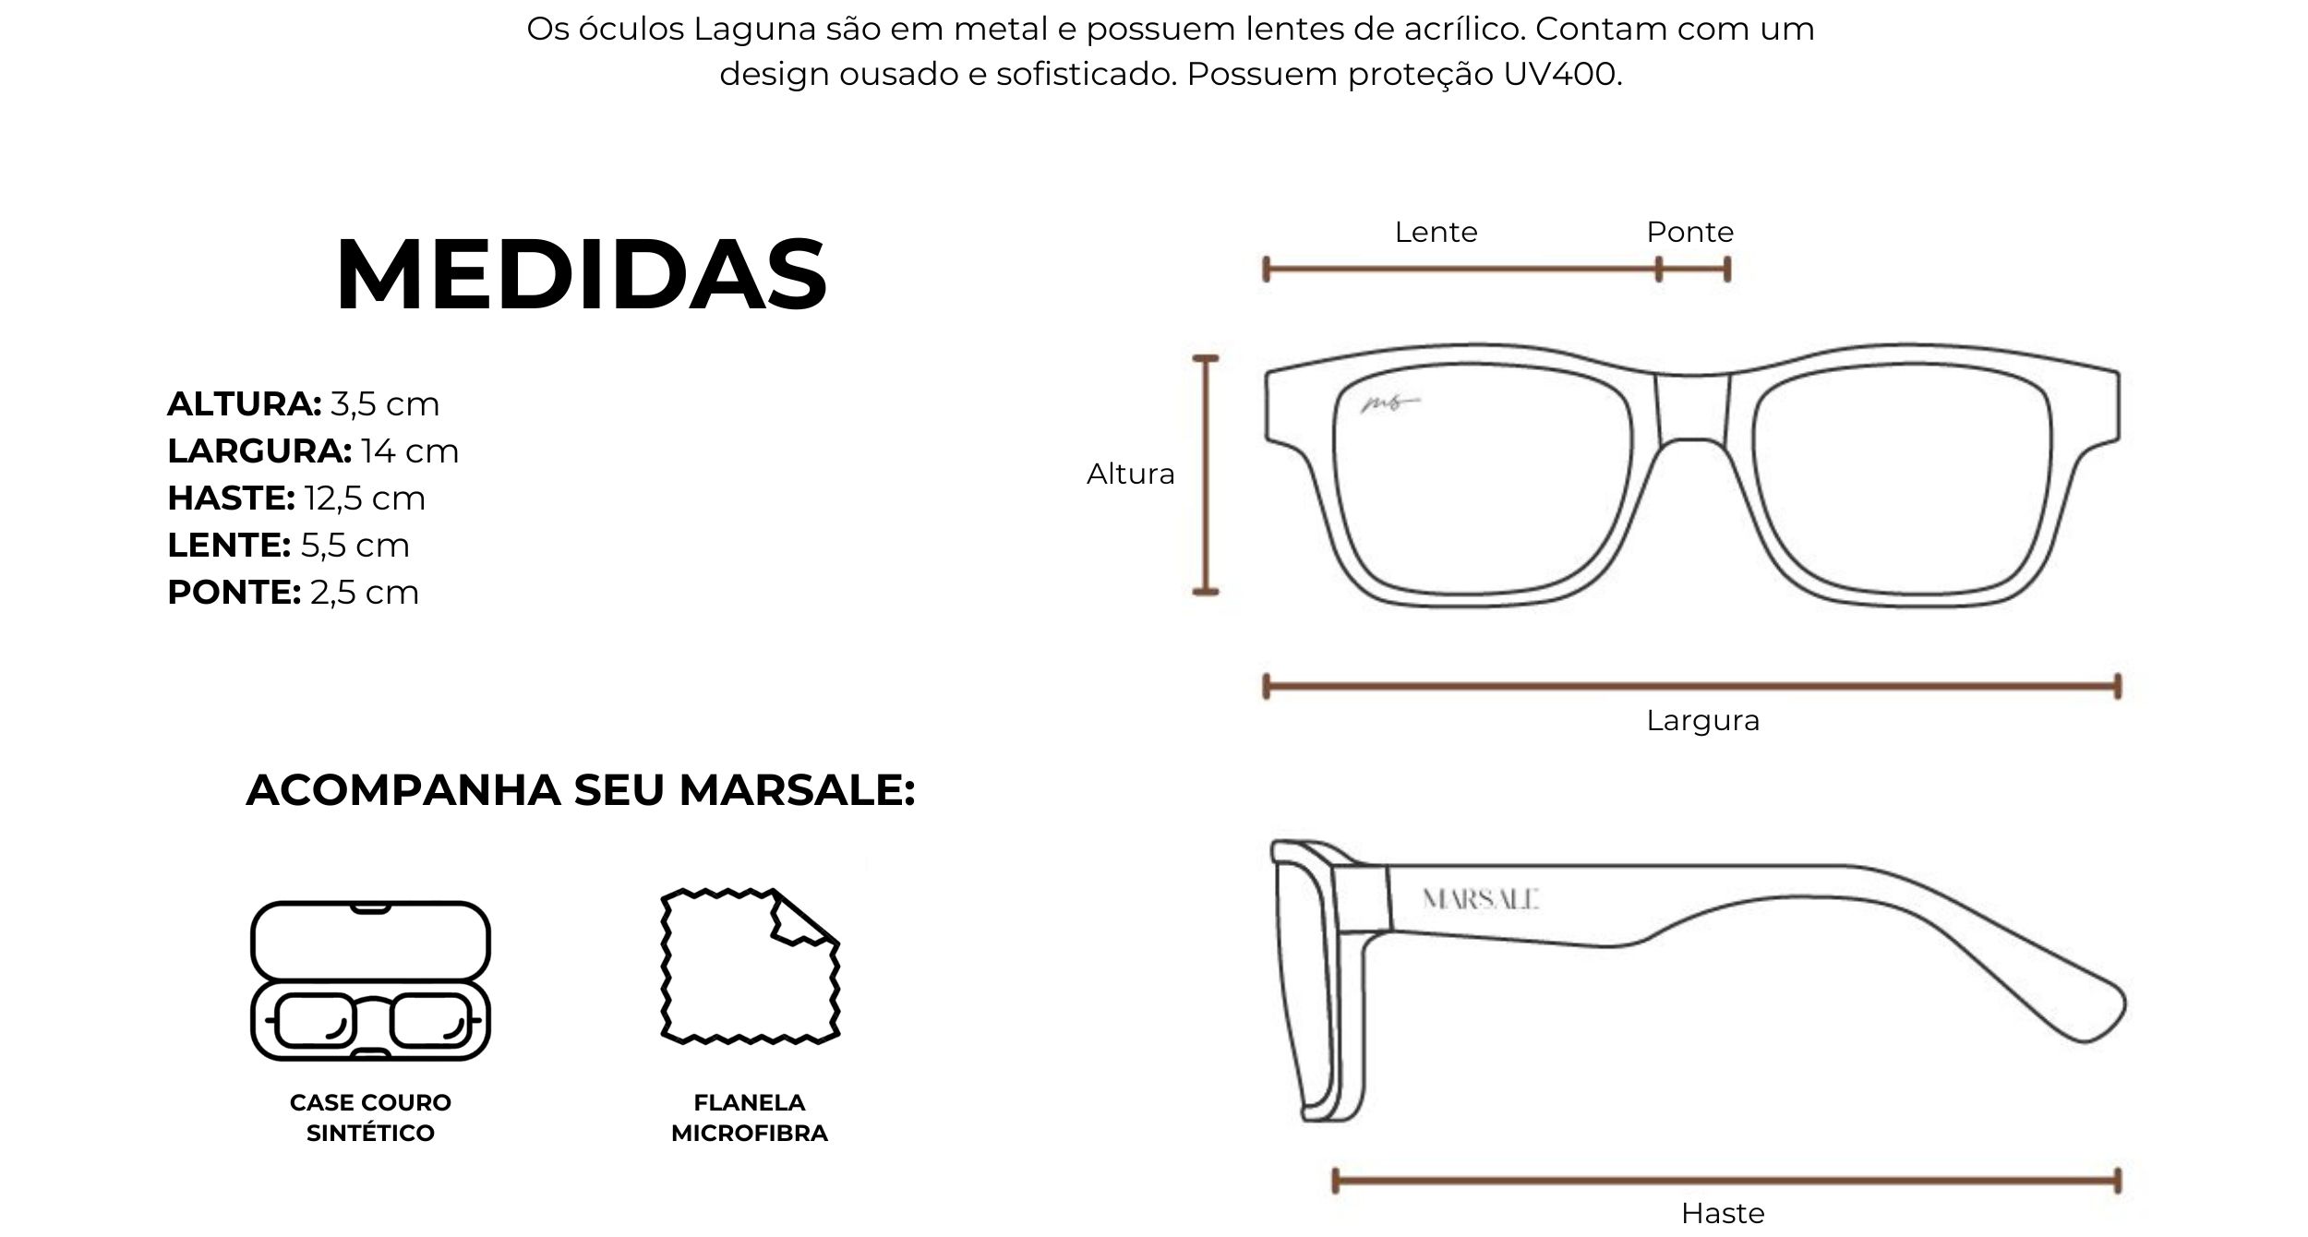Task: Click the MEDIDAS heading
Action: [582, 274]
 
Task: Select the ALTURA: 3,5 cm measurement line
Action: [303, 404]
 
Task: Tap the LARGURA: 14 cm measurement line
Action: [313, 451]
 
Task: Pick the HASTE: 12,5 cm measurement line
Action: [296, 498]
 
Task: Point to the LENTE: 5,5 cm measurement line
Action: [288, 546]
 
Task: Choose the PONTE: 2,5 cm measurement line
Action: [293, 593]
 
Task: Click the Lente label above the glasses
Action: [1436, 232]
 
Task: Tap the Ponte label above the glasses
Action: [1689, 232]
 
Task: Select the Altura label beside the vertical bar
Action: [1130, 474]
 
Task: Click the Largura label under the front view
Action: [1702, 721]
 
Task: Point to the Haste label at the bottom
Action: [1723, 1212]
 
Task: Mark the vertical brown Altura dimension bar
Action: [1206, 474]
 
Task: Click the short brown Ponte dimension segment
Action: [1693, 270]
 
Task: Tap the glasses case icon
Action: [370, 980]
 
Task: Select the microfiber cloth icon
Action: [750, 967]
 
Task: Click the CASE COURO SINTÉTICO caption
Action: [370, 1118]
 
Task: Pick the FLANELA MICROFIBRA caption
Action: [750, 1118]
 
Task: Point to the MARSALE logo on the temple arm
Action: [1480, 899]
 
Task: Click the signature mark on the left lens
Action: [1389, 402]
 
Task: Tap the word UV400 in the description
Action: [1562, 74]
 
